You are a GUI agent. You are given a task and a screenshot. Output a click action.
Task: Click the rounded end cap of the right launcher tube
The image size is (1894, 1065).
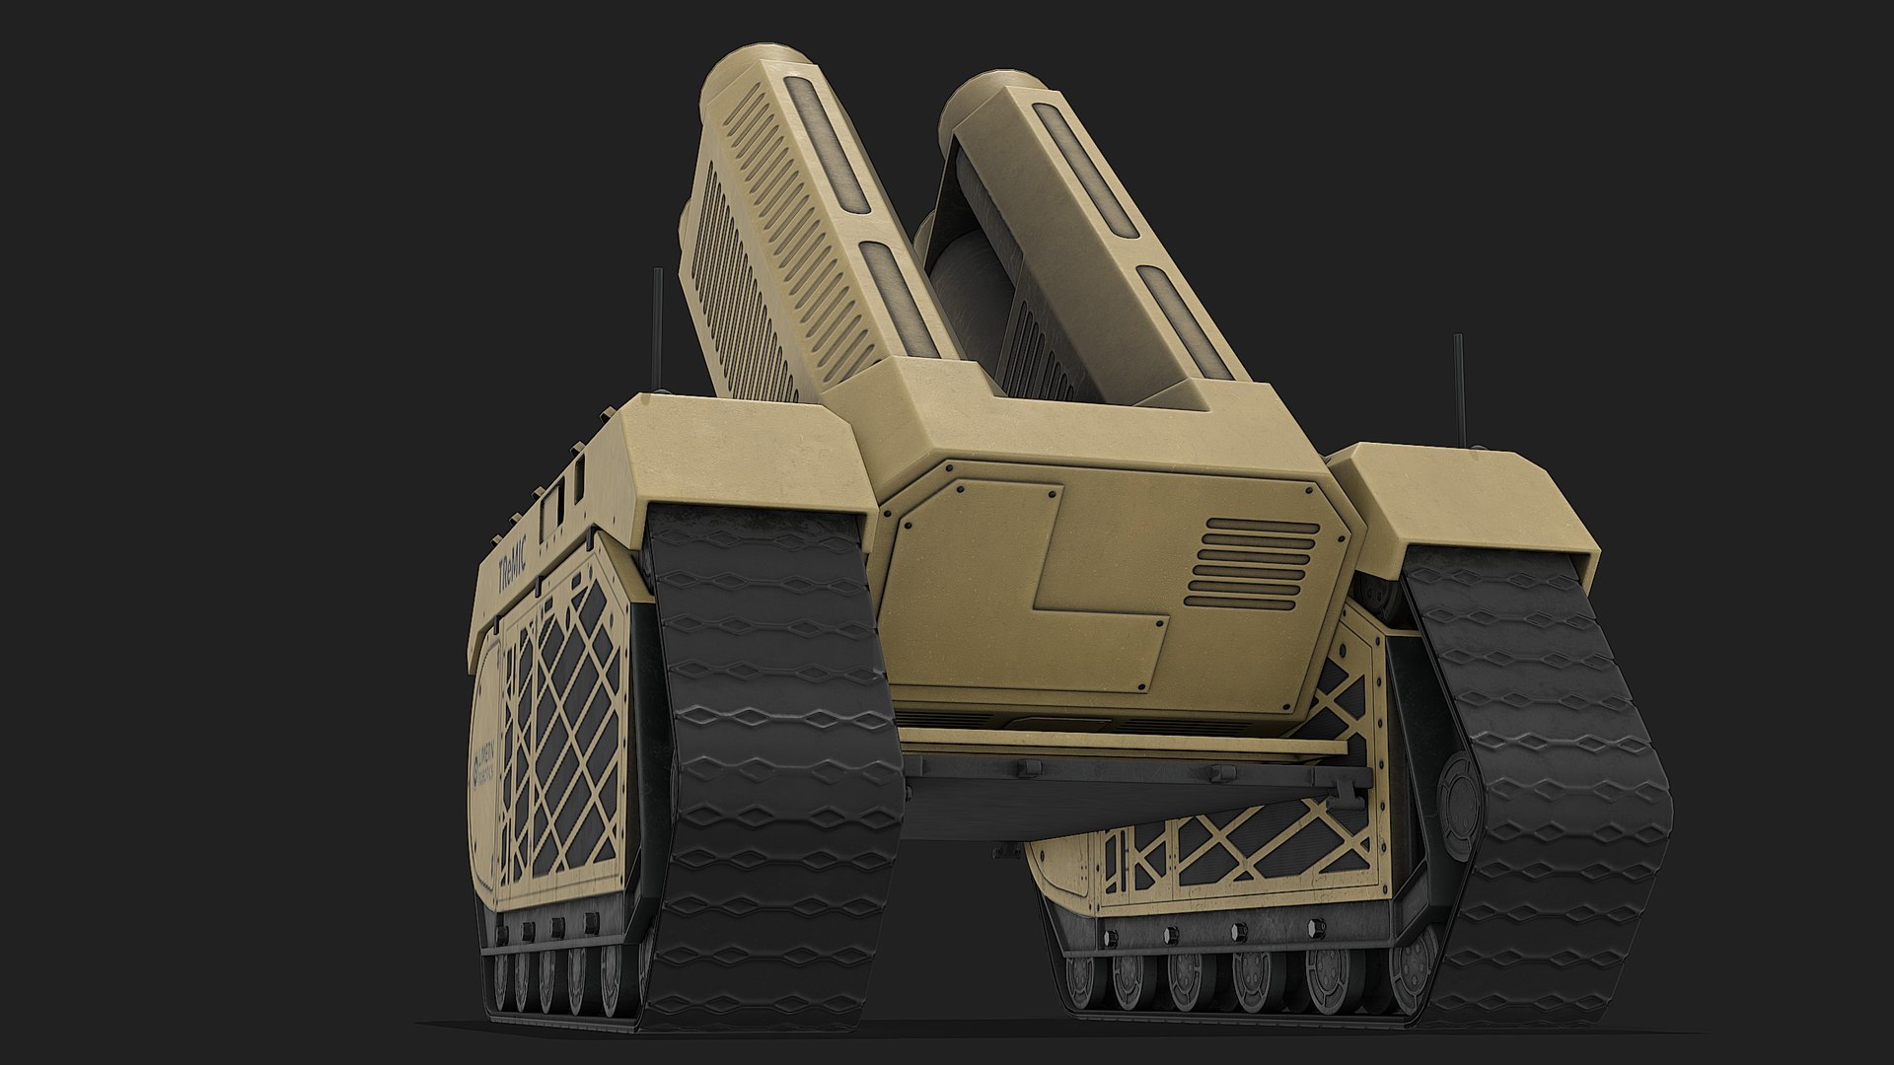pos(986,94)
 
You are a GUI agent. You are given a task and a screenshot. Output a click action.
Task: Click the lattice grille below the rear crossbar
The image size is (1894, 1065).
pos(1233,848)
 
